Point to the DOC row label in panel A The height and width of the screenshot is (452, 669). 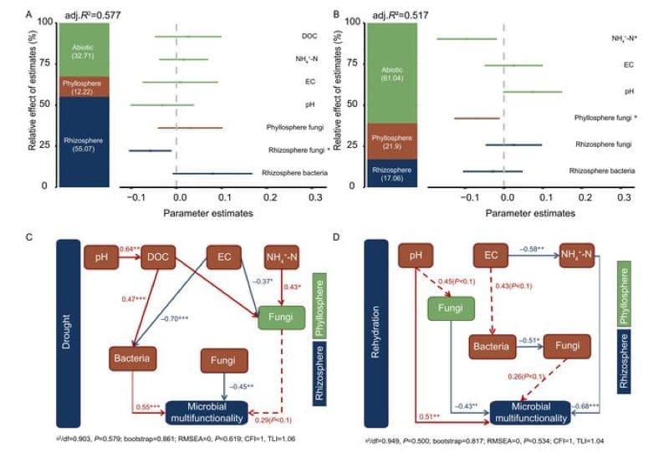point(309,37)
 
